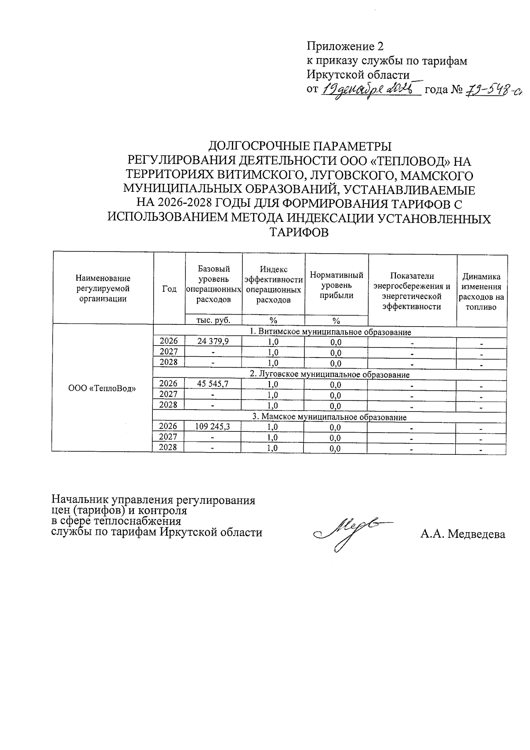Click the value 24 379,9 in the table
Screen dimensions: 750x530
(x=213, y=341)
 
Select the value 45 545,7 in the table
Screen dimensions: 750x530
(x=213, y=384)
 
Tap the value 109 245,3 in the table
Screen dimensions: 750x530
(x=212, y=426)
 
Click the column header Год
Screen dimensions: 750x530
(x=169, y=289)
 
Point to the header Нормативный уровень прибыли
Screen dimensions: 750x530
(x=337, y=286)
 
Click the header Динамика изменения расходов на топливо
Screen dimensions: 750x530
(x=481, y=292)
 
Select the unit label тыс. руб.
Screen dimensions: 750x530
(x=213, y=320)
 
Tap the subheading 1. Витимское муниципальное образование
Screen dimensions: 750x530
(x=330, y=332)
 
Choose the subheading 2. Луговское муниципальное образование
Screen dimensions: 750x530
(x=329, y=375)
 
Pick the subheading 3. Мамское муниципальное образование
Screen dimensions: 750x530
(x=329, y=417)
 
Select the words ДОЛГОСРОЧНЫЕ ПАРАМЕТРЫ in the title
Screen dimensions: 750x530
(x=300, y=146)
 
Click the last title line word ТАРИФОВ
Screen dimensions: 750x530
(x=299, y=233)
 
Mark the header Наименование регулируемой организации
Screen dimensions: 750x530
(x=103, y=288)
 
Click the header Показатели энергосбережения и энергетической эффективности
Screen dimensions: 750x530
(x=412, y=291)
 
